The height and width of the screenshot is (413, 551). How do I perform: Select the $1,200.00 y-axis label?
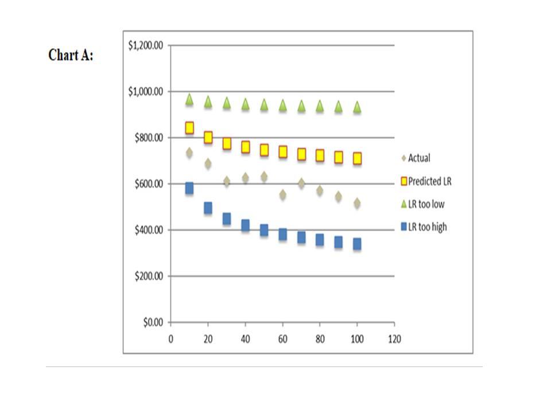click(x=146, y=45)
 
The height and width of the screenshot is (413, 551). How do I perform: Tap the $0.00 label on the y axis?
click(x=153, y=322)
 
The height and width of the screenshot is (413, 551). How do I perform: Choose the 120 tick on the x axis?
click(x=394, y=338)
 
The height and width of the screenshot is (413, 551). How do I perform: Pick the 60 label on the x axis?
click(x=282, y=338)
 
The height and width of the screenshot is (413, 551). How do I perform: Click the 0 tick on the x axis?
click(x=171, y=338)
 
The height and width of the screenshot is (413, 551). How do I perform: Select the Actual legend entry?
click(x=418, y=158)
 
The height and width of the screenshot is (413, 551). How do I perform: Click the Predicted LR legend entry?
click(x=428, y=181)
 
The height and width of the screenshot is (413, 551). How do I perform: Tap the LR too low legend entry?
click(x=425, y=204)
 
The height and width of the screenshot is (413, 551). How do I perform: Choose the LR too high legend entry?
click(x=427, y=227)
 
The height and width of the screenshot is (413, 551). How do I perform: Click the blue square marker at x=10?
click(x=189, y=188)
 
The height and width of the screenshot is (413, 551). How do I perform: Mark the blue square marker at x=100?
click(x=357, y=244)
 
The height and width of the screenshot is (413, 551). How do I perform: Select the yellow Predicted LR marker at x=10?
click(x=189, y=127)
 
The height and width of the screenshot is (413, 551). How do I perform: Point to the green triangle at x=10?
click(x=189, y=100)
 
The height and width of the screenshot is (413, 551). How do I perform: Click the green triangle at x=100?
click(x=357, y=107)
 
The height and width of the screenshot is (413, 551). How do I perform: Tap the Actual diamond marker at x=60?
click(x=282, y=194)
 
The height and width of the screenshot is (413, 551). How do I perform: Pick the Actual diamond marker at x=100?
click(x=357, y=203)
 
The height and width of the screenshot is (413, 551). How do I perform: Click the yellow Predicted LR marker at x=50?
click(x=264, y=150)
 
